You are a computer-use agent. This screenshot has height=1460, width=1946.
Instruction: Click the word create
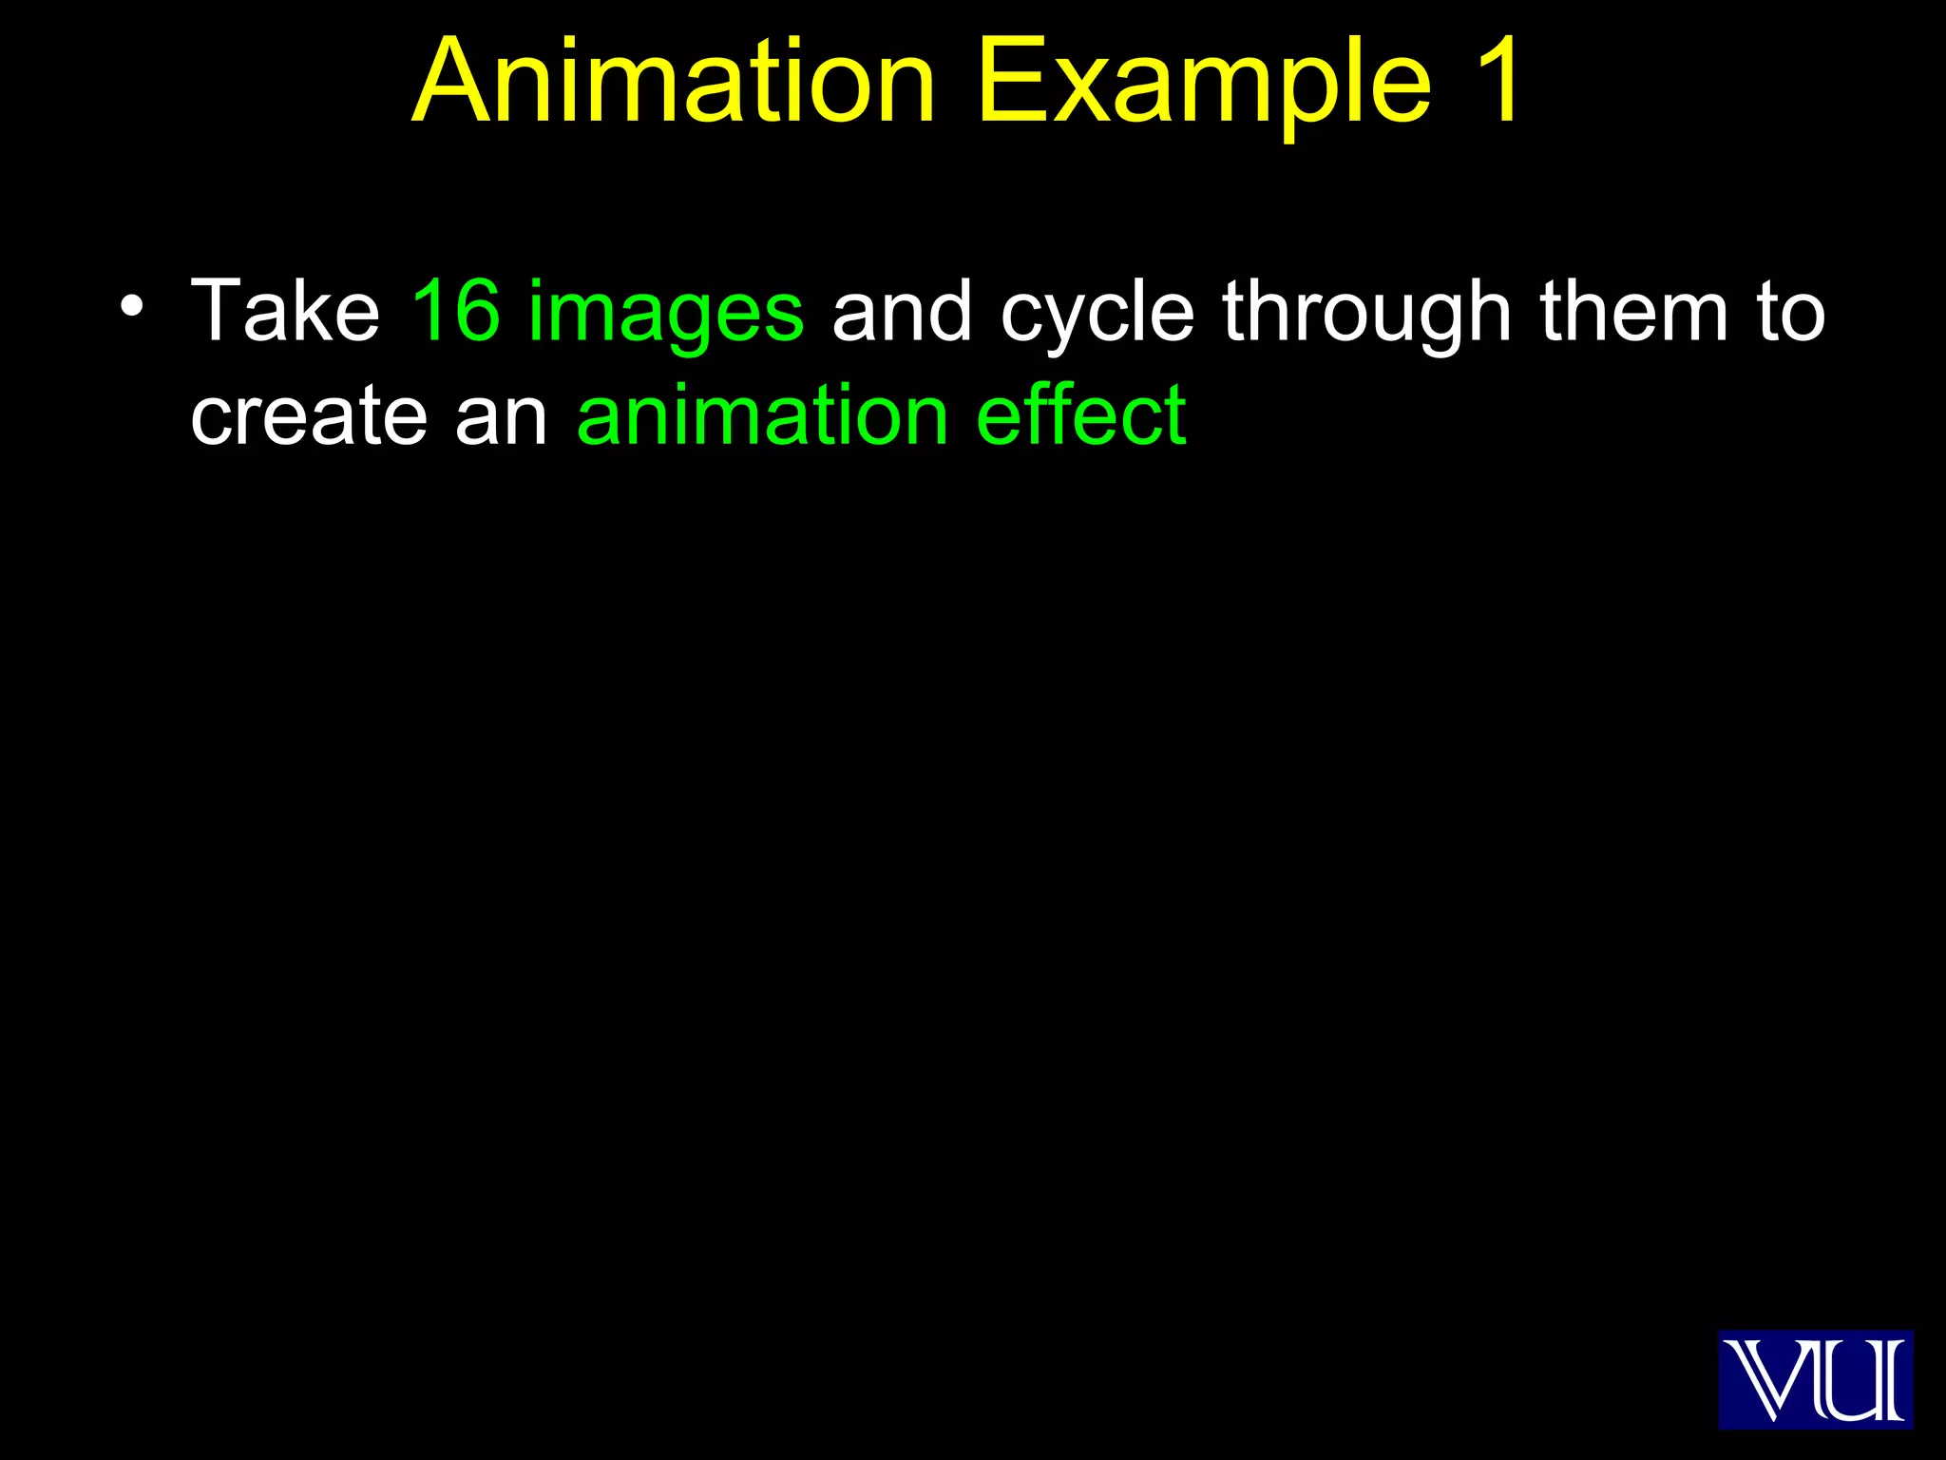tap(309, 416)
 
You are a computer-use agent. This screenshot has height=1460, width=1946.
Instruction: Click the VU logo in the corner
tap(1815, 1378)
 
